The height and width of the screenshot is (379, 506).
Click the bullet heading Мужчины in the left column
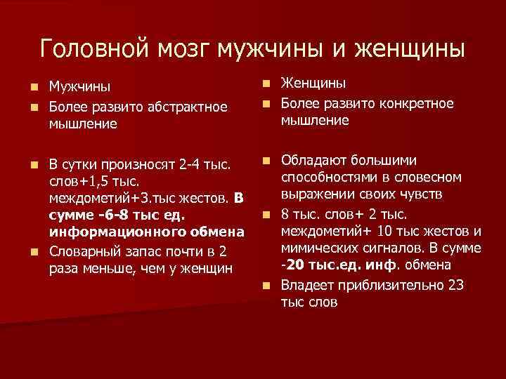pyautogui.click(x=79, y=88)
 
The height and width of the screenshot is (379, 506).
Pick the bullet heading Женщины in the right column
pyautogui.click(x=313, y=84)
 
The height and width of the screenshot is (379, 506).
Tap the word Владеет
pyautogui.click(x=310, y=286)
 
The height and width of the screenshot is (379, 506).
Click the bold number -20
pyautogui.click(x=293, y=265)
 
